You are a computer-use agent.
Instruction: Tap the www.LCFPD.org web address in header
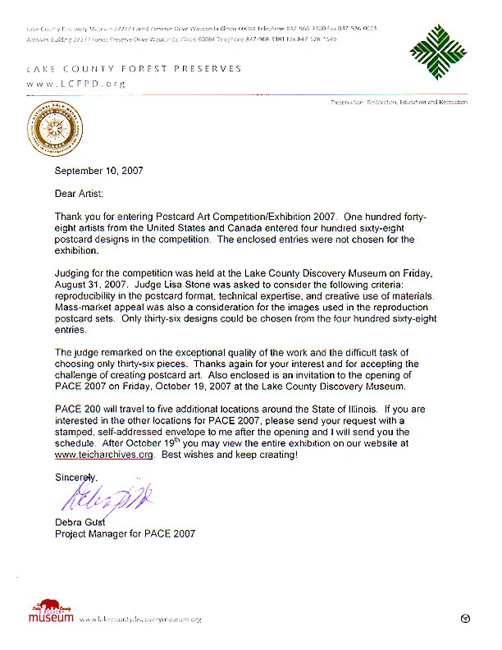(x=75, y=84)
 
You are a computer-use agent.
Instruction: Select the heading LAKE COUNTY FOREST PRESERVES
(x=135, y=69)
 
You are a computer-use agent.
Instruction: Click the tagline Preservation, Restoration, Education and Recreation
(x=399, y=103)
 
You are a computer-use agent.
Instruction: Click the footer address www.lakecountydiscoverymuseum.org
(x=141, y=619)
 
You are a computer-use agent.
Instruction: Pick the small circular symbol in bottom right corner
(x=465, y=617)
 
